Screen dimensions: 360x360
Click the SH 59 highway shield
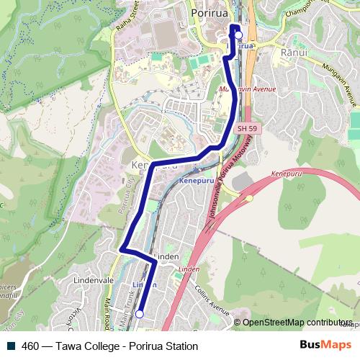click(x=247, y=128)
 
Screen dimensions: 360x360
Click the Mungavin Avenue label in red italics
click(x=238, y=91)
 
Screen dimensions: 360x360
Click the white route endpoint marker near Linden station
click(x=140, y=313)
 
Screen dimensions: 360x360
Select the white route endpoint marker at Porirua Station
click(x=238, y=35)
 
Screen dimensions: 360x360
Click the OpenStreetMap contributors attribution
click(x=297, y=323)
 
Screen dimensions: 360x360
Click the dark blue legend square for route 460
click(x=12, y=346)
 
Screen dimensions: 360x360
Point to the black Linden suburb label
click(x=168, y=257)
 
